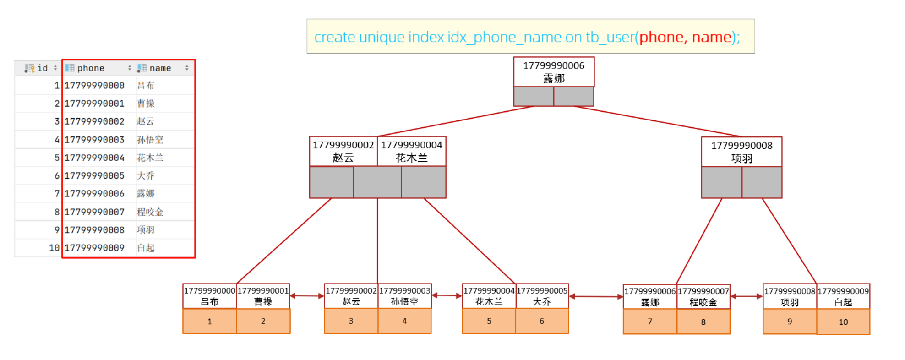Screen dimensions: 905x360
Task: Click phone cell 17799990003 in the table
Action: [95, 140]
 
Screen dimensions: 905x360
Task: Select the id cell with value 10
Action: [55, 248]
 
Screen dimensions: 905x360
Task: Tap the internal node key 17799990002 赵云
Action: [343, 151]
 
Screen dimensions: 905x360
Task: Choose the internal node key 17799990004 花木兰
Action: [412, 151]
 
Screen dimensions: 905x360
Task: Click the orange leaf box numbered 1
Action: [210, 321]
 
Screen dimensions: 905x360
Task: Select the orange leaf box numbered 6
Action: [542, 321]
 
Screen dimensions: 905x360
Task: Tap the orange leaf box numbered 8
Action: [703, 322]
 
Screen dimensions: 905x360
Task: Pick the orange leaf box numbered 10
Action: [843, 322]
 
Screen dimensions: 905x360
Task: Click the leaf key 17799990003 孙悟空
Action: [405, 296]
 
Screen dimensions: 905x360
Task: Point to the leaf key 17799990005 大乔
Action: [542, 296]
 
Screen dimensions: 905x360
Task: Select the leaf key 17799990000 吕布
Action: [210, 296]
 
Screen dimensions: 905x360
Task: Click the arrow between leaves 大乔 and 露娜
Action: [596, 297]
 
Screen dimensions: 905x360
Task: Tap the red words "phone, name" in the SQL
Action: [685, 37]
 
